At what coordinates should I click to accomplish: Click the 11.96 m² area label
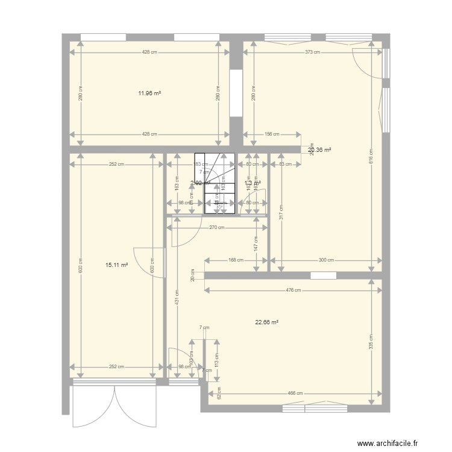[149, 93]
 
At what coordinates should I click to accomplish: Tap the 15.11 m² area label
[116, 264]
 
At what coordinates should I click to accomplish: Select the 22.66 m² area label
[266, 322]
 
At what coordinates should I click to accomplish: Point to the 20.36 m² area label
[321, 150]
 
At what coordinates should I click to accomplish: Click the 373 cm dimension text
[312, 52]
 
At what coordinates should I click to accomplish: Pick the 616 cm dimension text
[371, 156]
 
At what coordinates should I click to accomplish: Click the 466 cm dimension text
[295, 394]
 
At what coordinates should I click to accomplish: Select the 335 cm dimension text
[371, 342]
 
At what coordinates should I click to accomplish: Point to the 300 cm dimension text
[326, 260]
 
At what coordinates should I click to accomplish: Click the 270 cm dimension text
[217, 227]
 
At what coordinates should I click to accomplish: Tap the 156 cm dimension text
[272, 134]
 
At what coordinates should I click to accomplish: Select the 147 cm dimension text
[256, 243]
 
